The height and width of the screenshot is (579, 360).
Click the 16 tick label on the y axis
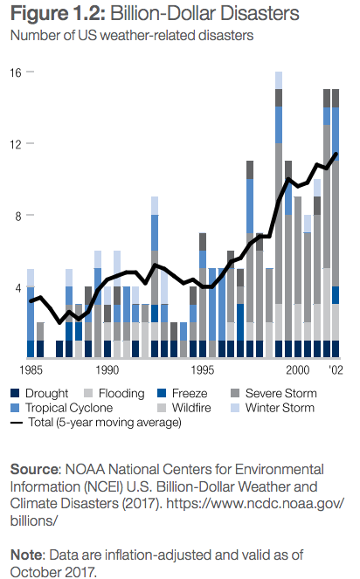tap(16, 72)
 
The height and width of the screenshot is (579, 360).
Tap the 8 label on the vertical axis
tap(18, 216)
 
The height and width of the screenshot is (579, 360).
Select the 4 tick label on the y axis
tap(18, 288)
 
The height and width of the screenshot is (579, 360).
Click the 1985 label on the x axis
tap(31, 370)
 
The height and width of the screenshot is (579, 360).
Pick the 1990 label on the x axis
tap(107, 370)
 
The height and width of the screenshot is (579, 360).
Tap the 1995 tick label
tap(202, 370)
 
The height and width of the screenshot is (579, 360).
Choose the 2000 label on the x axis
tap(298, 370)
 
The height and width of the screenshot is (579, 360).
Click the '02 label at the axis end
tap(336, 370)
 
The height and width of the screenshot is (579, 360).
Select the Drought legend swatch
tap(15, 393)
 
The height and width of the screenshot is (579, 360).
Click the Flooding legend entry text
tap(121, 394)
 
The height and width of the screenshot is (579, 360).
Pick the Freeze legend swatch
tap(162, 393)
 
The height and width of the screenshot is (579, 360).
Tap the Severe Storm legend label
tap(280, 393)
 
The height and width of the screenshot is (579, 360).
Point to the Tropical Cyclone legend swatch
tap(15, 408)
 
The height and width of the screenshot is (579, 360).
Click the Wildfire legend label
tap(191, 408)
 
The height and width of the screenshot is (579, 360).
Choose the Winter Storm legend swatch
tap(235, 408)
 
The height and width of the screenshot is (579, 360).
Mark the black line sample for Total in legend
tap(17, 423)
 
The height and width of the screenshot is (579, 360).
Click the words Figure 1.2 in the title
tap(58, 14)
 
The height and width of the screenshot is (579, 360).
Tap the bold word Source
tap(34, 469)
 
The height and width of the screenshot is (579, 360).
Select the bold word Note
tap(27, 555)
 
